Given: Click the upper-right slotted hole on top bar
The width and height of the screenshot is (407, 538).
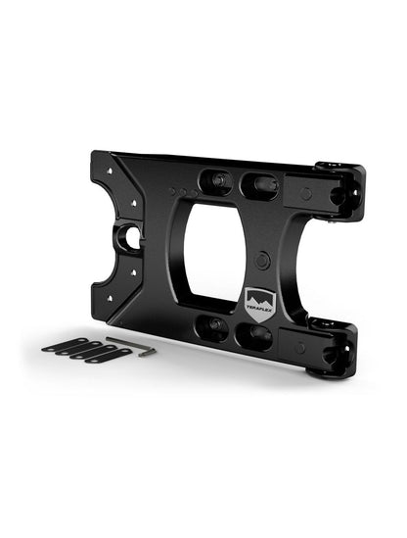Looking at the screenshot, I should coord(258,184).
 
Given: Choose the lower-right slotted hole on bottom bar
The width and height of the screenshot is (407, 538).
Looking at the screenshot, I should coord(257,336).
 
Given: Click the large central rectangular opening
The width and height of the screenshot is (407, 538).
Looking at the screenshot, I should coord(226,255).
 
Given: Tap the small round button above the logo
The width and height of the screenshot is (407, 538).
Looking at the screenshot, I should coord(262,260).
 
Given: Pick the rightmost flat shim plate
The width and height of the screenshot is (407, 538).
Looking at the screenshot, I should coord(107,355).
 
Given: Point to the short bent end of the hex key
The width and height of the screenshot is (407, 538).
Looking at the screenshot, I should coord(150,352).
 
